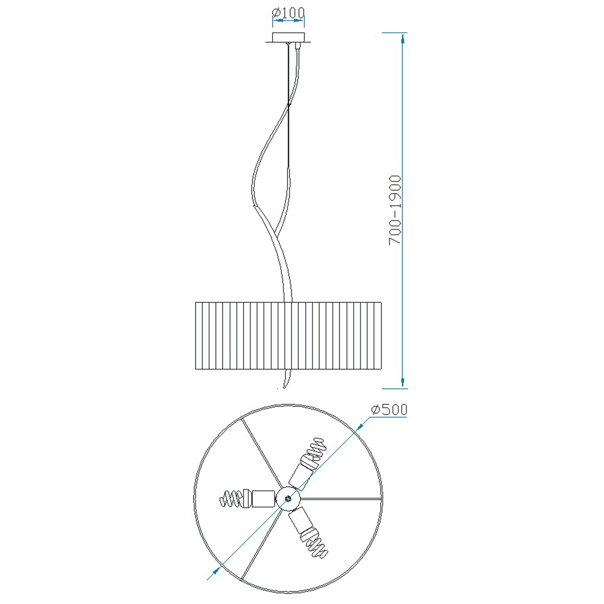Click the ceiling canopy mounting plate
click(288, 37)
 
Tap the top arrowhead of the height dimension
click(403, 39)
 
